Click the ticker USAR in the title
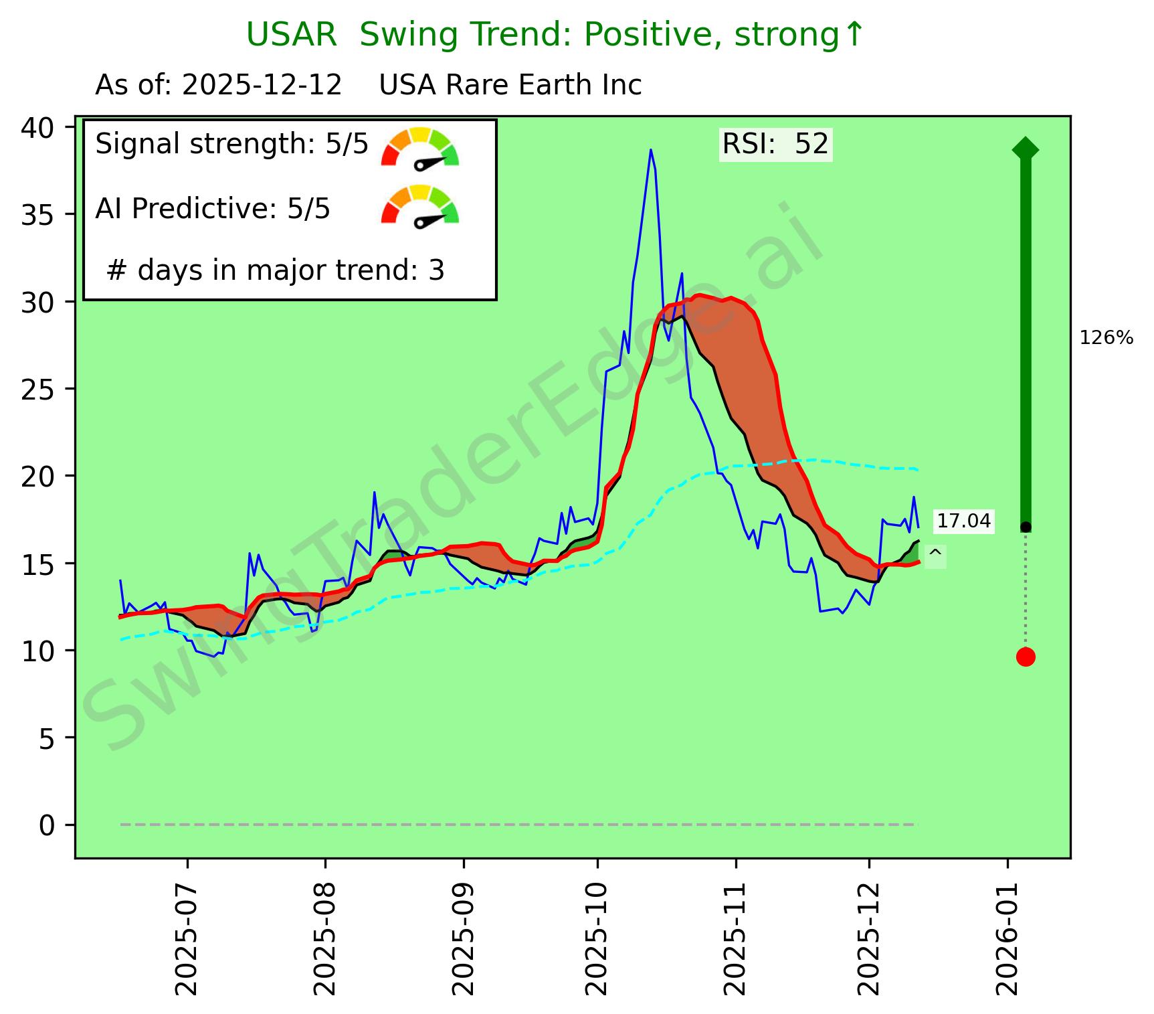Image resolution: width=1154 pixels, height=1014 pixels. pos(291,35)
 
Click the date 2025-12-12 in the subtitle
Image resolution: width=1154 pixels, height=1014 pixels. pos(262,86)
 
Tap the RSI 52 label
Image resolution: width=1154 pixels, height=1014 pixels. pos(775,145)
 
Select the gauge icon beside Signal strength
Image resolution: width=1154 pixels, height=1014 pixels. pos(420,147)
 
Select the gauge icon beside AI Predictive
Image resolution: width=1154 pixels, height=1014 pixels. pos(420,205)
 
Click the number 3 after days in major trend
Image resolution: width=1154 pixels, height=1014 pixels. pos(436,270)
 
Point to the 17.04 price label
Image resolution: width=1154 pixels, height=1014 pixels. pos(963,521)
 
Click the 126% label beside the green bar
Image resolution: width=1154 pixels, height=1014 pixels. pos(1106,338)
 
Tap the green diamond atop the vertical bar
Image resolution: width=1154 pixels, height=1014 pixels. pos(1026,149)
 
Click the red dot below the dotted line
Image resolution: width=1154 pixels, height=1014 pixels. pos(1026,657)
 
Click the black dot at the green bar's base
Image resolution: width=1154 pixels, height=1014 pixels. pos(1026,527)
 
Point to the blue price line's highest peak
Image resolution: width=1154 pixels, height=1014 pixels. pos(650,150)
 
